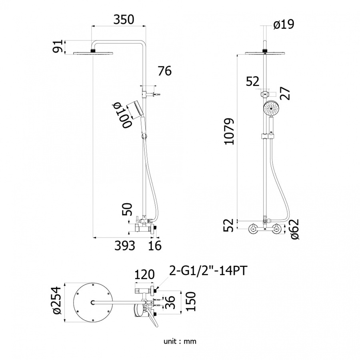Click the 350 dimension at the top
click(x=124, y=20)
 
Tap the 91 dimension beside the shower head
click(x=58, y=46)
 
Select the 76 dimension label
click(x=165, y=71)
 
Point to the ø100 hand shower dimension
click(x=122, y=116)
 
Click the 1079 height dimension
click(x=229, y=131)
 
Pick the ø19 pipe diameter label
click(x=284, y=24)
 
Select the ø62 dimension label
click(x=294, y=229)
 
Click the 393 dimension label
click(x=125, y=246)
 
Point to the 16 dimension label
click(x=155, y=246)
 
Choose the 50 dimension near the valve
click(x=127, y=209)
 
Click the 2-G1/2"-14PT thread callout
click(x=208, y=271)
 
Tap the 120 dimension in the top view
click(x=144, y=274)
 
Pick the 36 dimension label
click(x=170, y=302)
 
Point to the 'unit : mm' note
click(x=180, y=341)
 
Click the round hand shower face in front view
click(x=271, y=108)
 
